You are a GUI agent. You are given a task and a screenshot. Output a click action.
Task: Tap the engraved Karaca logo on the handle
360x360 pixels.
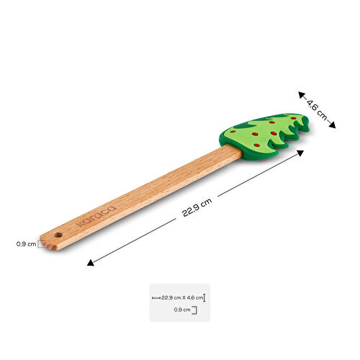pyautogui.click(x=96, y=216)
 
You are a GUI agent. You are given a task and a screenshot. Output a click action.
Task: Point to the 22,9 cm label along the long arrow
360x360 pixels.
pyautogui.click(x=197, y=207)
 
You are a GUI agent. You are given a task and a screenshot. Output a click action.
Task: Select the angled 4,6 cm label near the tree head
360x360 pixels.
pyautogui.click(x=317, y=110)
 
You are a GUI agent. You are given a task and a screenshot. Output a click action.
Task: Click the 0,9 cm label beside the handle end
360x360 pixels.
pyautogui.click(x=26, y=244)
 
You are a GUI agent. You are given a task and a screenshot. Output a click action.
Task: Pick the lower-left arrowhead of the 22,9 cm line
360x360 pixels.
pyautogui.click(x=90, y=263)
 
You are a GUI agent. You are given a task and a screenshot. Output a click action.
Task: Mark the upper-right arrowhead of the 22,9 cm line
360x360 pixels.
pyautogui.click(x=300, y=153)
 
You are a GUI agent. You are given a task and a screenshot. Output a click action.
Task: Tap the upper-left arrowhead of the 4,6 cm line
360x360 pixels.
pyautogui.click(x=302, y=95)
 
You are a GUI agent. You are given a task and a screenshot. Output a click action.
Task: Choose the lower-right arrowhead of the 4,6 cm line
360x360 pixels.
pyautogui.click(x=332, y=125)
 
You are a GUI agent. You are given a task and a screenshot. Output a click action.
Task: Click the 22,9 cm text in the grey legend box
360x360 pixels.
pyautogui.click(x=171, y=298)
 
